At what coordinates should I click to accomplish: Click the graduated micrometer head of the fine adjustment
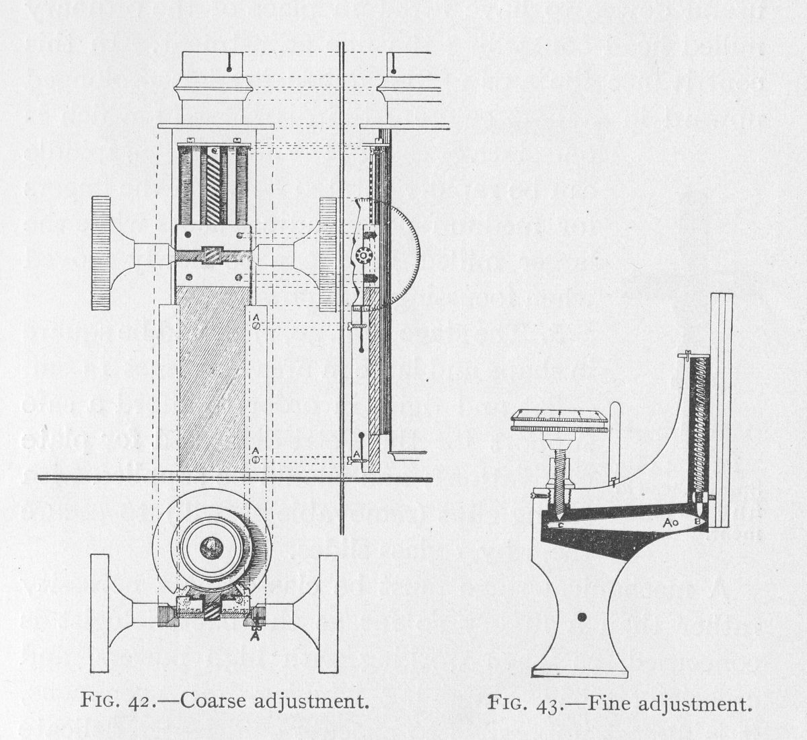560,421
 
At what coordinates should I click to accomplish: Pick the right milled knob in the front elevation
328,254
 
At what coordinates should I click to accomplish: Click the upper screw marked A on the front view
256,326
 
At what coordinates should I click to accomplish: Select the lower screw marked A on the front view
256,459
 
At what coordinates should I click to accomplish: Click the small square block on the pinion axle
213,255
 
